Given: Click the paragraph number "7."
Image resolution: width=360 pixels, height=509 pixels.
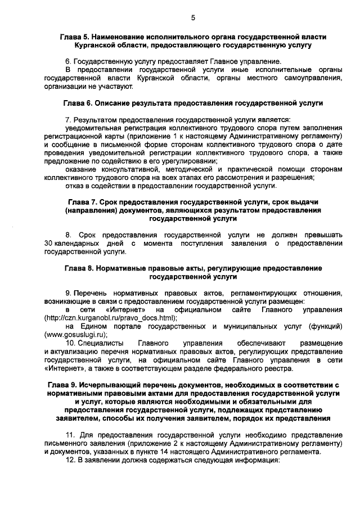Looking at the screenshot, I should pyautogui.click(x=69, y=120).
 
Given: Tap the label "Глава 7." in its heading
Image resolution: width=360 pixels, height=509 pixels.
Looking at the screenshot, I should pyautogui.click(x=83, y=201).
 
